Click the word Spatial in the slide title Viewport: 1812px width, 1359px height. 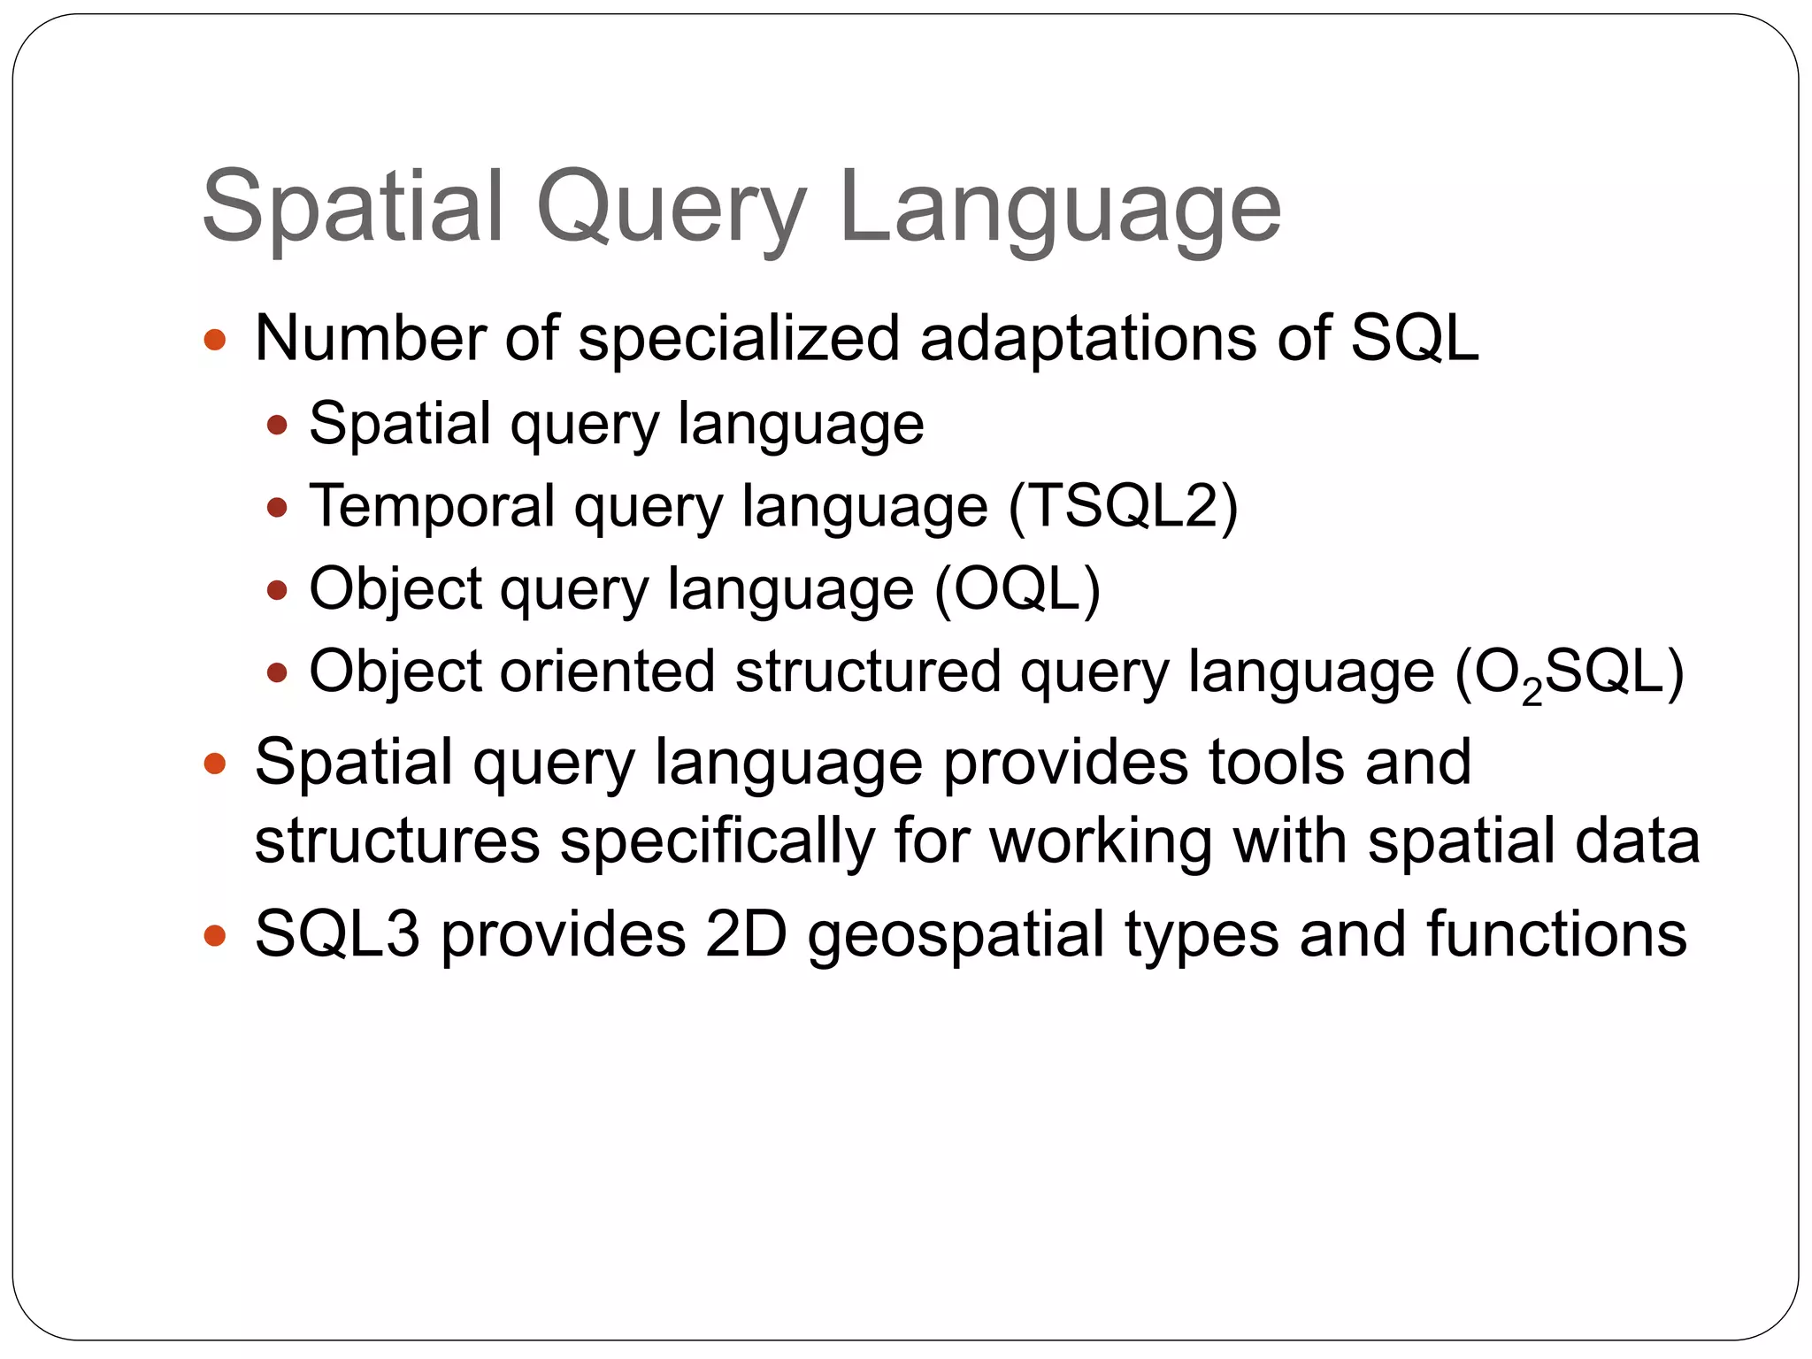pyautogui.click(x=353, y=208)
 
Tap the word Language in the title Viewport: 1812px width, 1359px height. pyautogui.click(x=1060, y=208)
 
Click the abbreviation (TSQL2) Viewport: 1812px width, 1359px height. pyautogui.click(x=1123, y=506)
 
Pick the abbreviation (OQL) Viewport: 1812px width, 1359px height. pyautogui.click(x=1017, y=589)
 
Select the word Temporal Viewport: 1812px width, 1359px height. pyautogui.click(x=431, y=506)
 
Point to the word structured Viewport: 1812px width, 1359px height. pyautogui.click(x=867, y=671)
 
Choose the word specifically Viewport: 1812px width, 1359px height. pyautogui.click(x=717, y=841)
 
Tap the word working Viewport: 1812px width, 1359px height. pyautogui.click(x=1101, y=841)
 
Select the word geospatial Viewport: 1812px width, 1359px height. pyautogui.click(x=956, y=934)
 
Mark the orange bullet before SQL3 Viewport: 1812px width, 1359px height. pyautogui.click(x=215, y=935)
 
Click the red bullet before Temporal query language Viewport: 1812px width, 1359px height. pyautogui.click(x=277, y=508)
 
